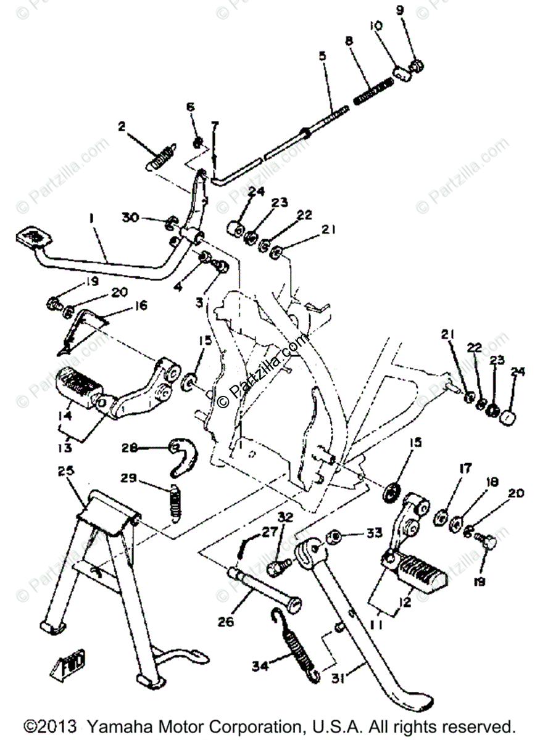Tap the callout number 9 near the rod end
(417, 10)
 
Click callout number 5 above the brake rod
(322, 55)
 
